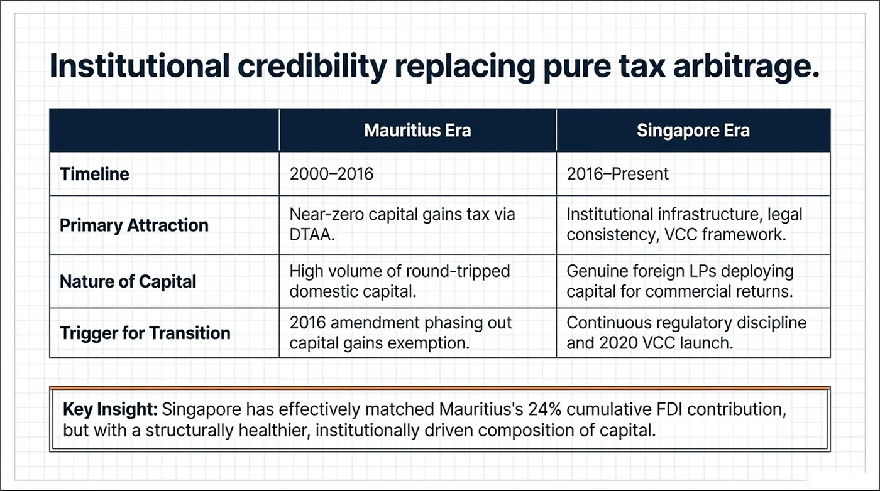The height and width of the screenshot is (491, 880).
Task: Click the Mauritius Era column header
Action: point(417,131)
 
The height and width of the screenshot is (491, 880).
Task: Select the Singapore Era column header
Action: point(693,131)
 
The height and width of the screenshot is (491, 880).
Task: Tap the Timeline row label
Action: point(94,174)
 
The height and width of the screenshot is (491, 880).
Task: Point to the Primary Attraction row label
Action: point(134,225)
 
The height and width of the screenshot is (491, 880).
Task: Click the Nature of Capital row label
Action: point(128,281)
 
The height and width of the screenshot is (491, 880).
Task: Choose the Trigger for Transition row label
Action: point(145,333)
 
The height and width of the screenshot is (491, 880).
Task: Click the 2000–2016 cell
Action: point(331,174)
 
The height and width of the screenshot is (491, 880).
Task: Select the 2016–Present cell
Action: point(618,174)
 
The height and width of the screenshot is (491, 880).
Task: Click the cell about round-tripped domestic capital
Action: point(399,281)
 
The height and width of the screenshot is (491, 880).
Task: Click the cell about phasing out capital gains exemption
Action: point(400,333)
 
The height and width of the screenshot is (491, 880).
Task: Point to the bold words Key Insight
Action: point(110,410)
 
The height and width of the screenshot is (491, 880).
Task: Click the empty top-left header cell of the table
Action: point(164,131)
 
